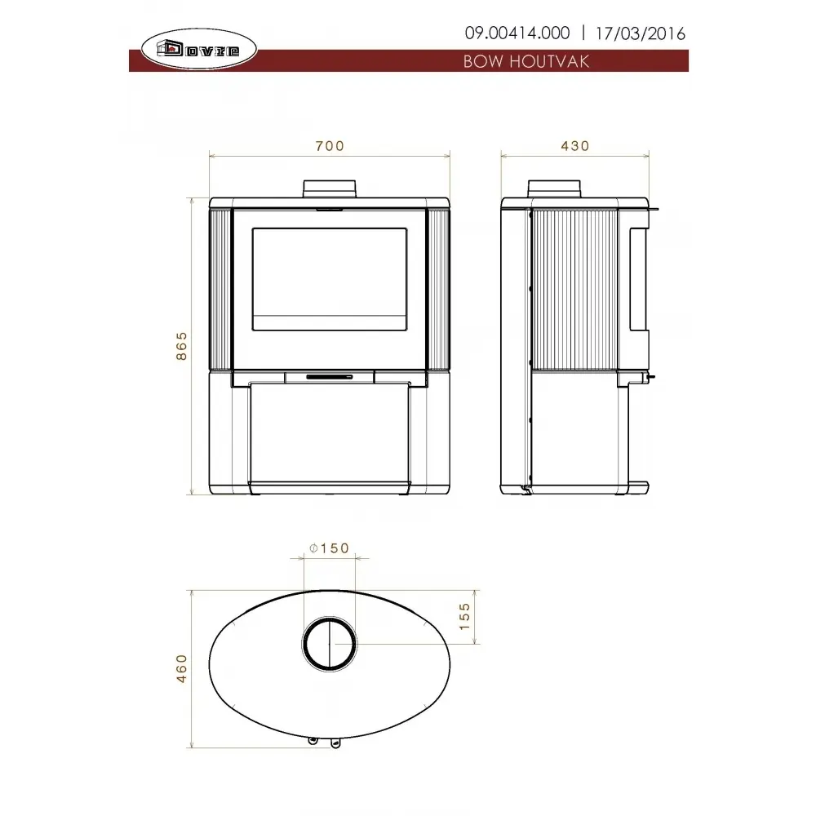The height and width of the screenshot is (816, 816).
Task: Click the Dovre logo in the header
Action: pyautogui.click(x=199, y=50)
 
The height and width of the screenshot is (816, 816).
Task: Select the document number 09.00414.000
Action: pyautogui.click(x=517, y=33)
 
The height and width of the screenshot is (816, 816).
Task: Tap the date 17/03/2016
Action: pyautogui.click(x=640, y=33)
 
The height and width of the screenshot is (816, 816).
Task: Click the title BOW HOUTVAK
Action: pyautogui.click(x=526, y=61)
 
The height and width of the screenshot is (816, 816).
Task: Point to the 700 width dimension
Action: pyautogui.click(x=330, y=146)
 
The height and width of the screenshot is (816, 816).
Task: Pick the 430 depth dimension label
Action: pyautogui.click(x=575, y=146)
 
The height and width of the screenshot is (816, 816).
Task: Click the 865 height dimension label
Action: pyautogui.click(x=181, y=346)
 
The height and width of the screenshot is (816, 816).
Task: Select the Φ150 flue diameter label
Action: pyautogui.click(x=329, y=548)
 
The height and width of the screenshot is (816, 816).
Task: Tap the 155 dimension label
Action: pyautogui.click(x=465, y=617)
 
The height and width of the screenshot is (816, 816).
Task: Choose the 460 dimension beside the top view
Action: pyautogui.click(x=181, y=669)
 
